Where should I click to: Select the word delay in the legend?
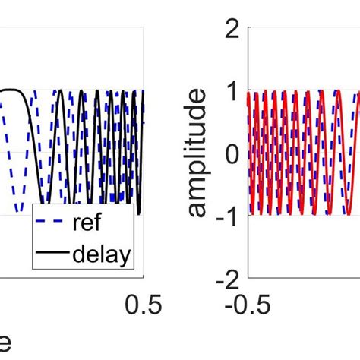pyautogui.click(x=101, y=255)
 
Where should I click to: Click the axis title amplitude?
pyautogui.click(x=197, y=153)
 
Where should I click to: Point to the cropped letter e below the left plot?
pyautogui.click(x=5, y=343)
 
